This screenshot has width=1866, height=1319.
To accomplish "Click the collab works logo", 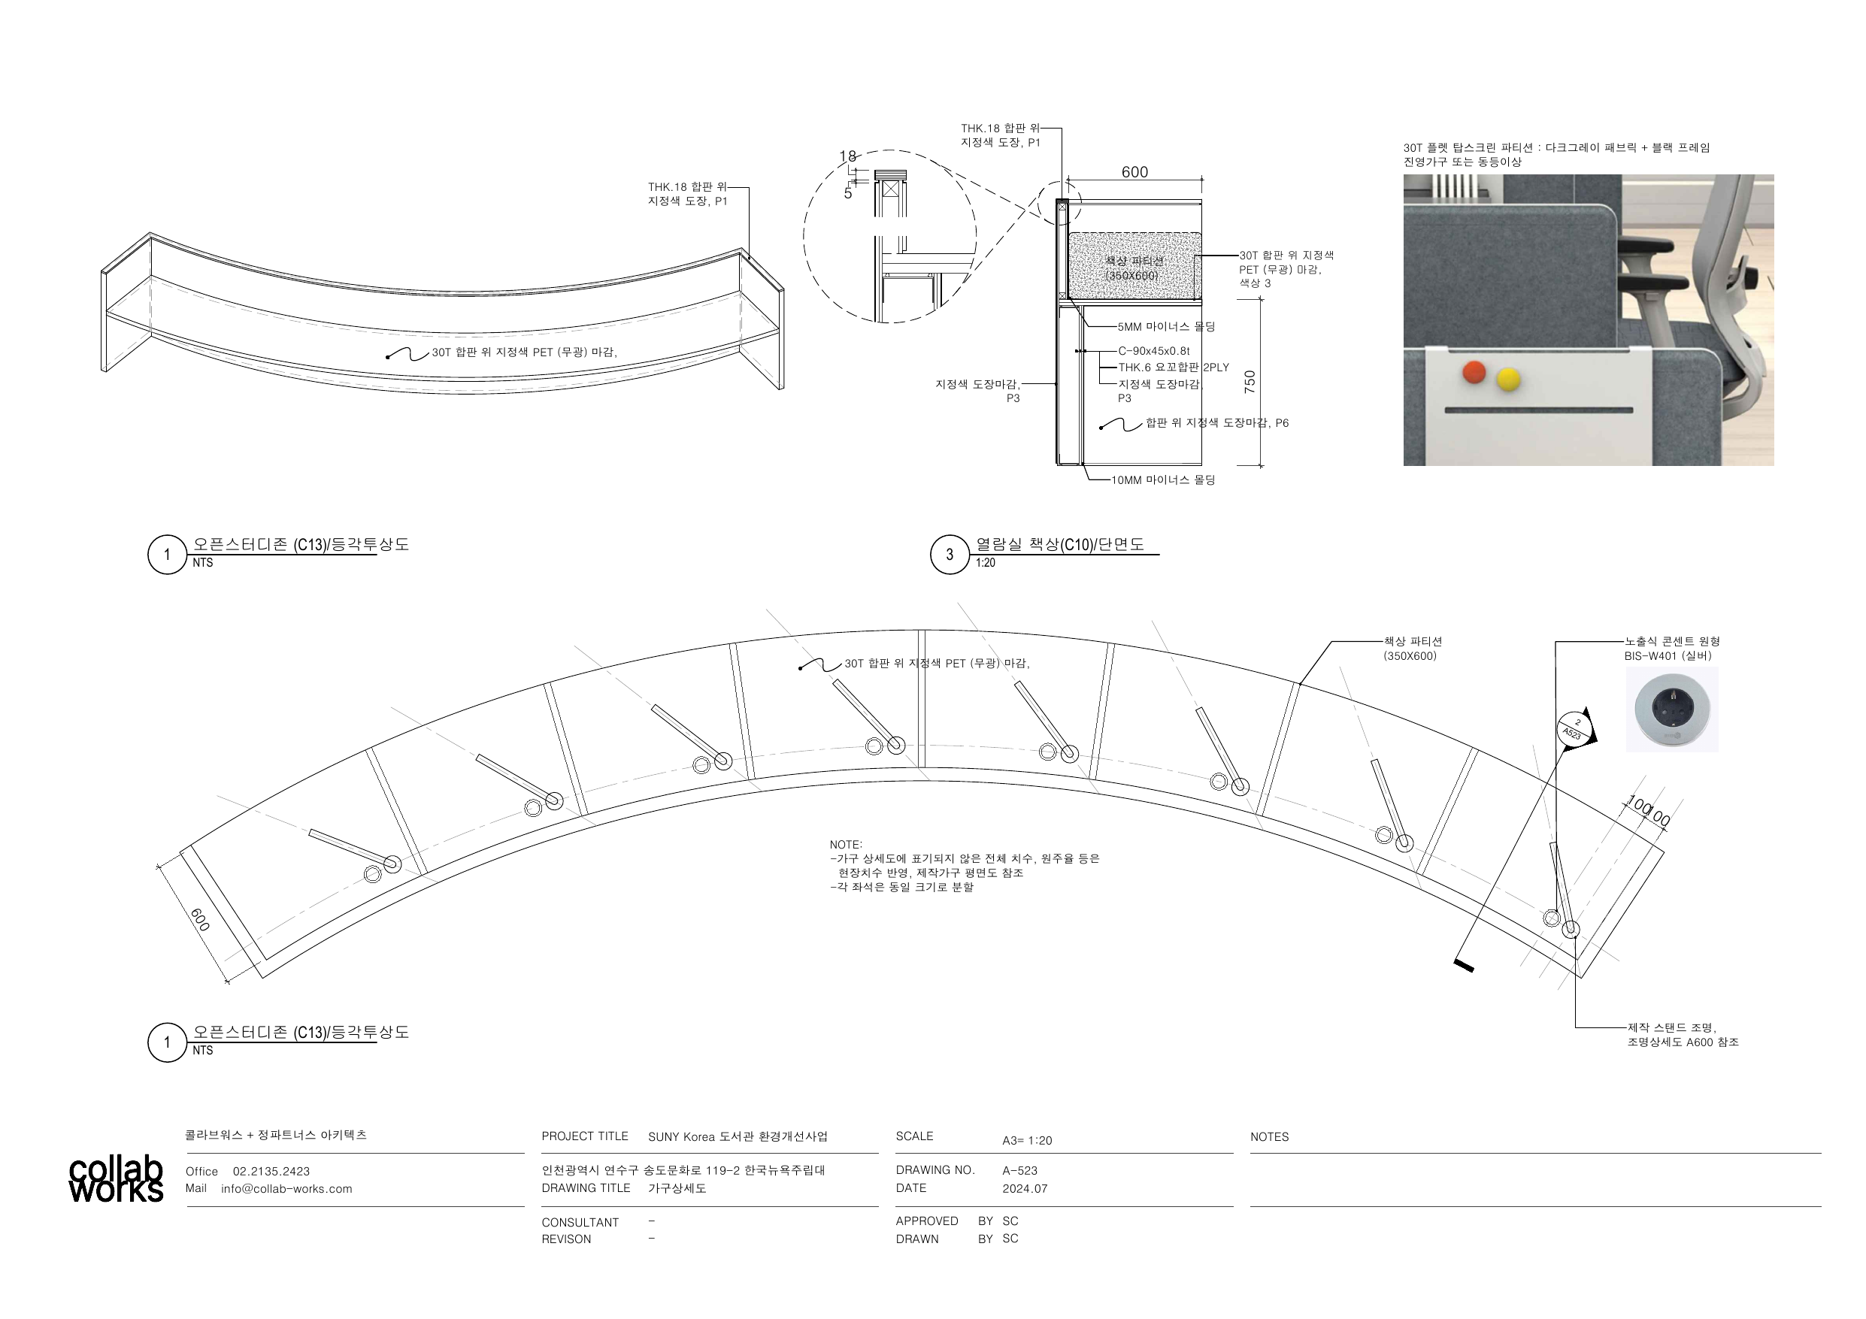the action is (117, 1179).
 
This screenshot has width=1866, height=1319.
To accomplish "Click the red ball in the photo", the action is (1474, 373).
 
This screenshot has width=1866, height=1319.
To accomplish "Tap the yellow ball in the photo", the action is (1508, 379).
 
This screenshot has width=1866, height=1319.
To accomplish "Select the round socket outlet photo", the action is (1672, 710).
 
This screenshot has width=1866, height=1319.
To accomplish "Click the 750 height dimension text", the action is (1250, 382).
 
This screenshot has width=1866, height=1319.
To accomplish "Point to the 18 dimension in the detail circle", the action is (847, 157).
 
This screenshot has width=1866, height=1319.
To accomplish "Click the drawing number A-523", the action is (1020, 1170).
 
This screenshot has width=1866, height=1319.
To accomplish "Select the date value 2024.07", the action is (1025, 1188).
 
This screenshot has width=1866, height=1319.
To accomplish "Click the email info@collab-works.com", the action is (287, 1189).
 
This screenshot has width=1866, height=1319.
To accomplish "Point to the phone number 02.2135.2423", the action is (271, 1171).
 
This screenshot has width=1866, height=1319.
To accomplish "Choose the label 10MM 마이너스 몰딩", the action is (1163, 480).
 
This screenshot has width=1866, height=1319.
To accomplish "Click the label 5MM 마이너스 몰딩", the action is (1166, 327).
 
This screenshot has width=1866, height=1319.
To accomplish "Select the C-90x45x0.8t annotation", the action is (1153, 351).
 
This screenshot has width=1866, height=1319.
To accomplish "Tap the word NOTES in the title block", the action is (1270, 1137).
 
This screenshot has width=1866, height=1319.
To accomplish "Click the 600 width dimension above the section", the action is (1134, 172).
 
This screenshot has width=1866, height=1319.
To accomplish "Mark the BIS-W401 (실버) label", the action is (1668, 656).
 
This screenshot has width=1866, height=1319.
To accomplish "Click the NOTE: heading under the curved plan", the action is (846, 845).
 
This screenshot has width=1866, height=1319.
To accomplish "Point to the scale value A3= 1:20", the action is (1027, 1140).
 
